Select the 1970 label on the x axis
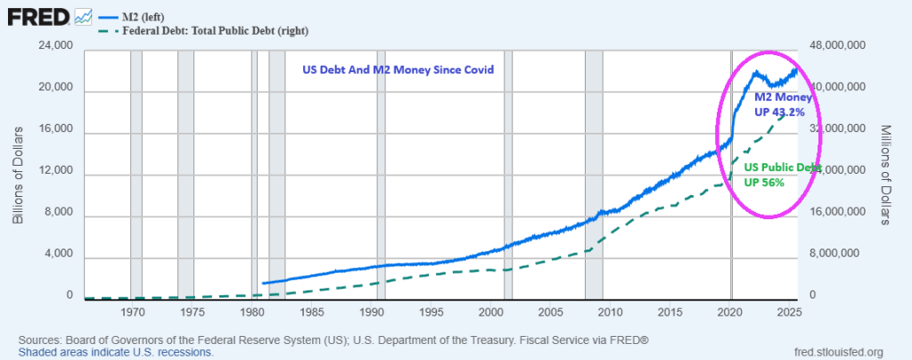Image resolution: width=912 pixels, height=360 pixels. (x=133, y=313)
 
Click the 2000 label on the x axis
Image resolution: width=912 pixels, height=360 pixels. (x=491, y=313)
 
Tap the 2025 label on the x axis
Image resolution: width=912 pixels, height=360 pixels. (x=789, y=313)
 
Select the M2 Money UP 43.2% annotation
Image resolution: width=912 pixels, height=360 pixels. (x=780, y=103)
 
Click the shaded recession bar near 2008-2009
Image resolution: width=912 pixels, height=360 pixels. (x=593, y=174)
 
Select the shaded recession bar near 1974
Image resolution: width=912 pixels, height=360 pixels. (x=185, y=174)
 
